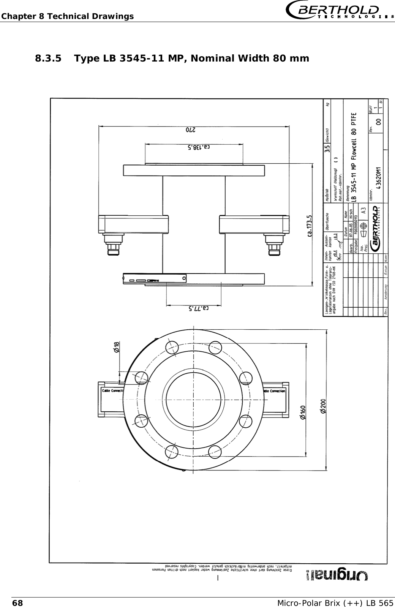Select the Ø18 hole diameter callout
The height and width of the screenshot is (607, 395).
(x=117, y=347)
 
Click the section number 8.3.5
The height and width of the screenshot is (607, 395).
(x=48, y=58)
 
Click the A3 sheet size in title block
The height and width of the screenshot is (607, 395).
(x=363, y=211)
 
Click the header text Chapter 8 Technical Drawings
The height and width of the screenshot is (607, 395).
(x=67, y=16)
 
